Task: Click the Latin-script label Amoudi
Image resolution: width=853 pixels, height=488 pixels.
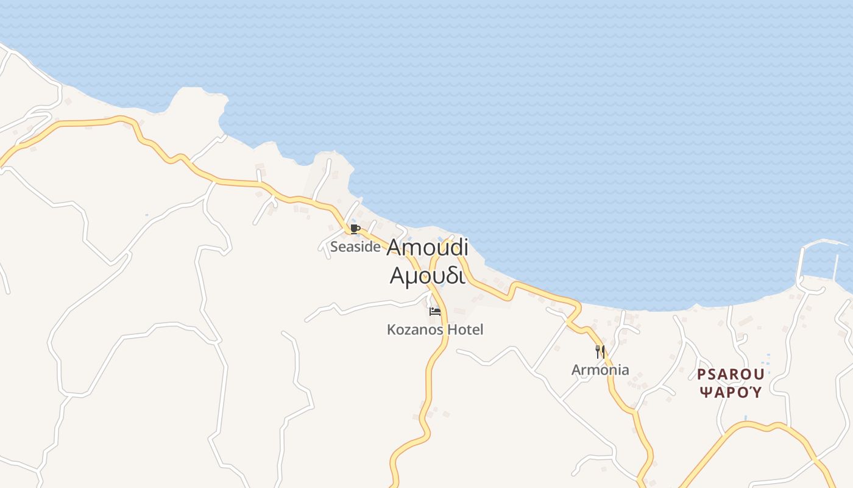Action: tap(427, 247)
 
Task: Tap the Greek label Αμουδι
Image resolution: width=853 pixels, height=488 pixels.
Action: tap(427, 276)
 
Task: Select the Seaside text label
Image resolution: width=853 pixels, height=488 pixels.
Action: tap(355, 247)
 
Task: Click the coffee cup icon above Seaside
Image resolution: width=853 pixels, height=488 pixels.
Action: tap(355, 229)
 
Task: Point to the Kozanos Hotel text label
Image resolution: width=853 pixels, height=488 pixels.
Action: tap(435, 330)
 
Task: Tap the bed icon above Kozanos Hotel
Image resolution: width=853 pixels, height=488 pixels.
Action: tap(435, 312)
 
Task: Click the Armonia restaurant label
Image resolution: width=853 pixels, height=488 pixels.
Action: tap(600, 370)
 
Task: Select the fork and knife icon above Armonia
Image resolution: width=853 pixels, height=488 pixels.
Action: tap(600, 351)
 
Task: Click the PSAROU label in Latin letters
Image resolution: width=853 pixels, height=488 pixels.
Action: tap(731, 374)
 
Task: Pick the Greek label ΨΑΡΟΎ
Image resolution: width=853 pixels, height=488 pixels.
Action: tap(731, 392)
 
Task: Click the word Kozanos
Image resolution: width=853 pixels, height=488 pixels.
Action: tap(416, 330)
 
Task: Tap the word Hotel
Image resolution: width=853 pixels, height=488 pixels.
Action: tap(465, 330)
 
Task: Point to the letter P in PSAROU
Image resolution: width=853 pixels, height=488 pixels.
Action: tap(701, 374)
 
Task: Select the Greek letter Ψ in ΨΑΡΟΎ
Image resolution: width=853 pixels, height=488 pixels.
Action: tap(704, 392)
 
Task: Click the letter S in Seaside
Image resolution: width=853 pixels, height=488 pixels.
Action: tap(334, 247)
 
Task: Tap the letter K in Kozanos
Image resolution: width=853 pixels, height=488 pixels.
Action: tap(391, 330)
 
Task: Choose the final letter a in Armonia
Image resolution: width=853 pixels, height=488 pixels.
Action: tap(625, 370)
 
